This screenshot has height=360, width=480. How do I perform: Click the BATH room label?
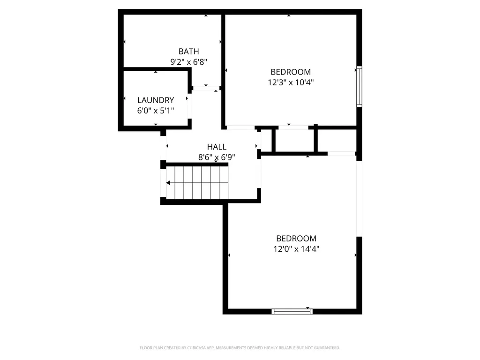pos(188,51)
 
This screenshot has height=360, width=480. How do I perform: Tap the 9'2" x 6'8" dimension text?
pos(188,61)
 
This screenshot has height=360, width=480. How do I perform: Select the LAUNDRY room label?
pos(156,100)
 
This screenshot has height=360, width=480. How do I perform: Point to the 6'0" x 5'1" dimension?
pos(156,111)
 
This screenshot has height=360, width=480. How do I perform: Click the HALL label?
pos(217,147)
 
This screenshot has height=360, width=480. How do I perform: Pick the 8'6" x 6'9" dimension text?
pos(217,157)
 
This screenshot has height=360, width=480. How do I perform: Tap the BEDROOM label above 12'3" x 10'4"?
pos(291,72)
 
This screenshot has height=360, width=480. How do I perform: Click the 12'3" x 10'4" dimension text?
pos(291,82)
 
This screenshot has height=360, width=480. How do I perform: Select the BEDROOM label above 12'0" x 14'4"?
pos(296,238)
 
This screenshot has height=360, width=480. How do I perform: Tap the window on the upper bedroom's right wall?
pos(359,87)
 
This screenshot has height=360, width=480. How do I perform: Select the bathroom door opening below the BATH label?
pos(206,88)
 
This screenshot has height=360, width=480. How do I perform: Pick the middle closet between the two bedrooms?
pos(294,140)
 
